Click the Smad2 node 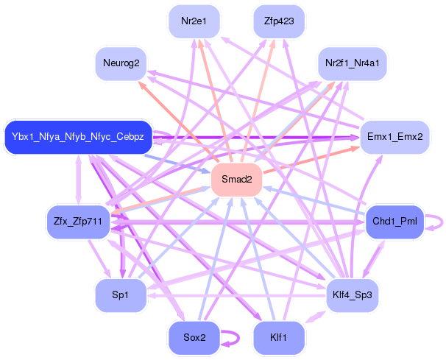(237, 180)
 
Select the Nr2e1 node (194, 21)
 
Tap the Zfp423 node (279, 21)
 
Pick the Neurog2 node (121, 63)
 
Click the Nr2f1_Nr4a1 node (353, 63)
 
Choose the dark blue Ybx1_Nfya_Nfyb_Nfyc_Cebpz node (78, 137)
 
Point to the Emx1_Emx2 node (394, 137)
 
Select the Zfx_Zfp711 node (78, 222)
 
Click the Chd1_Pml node (394, 222)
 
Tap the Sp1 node (121, 295)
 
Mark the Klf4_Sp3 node (353, 295)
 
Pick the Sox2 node (194, 338)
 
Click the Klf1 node (279, 338)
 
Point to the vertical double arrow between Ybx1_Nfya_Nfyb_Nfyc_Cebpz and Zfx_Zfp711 (79, 180)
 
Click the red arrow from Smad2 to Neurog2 (178, 121)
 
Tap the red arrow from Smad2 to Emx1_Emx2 (311, 160)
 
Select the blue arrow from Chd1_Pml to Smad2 (314, 201)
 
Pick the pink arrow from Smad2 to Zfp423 (258, 100)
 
